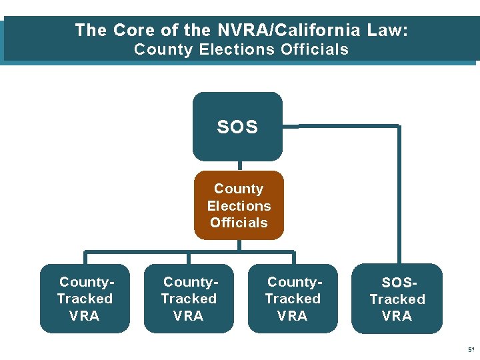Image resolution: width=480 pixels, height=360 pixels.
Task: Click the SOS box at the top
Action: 237,127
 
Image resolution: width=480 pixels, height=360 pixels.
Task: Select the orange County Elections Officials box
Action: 239,205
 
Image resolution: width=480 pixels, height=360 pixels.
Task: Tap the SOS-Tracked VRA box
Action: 397,299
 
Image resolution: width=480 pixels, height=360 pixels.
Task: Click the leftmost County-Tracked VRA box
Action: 85,299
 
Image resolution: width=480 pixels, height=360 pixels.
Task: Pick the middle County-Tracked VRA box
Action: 189,299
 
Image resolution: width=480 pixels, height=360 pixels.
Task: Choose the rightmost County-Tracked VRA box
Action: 293,299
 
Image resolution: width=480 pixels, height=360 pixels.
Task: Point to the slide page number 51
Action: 471,349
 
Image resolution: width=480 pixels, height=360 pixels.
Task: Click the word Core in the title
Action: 135,30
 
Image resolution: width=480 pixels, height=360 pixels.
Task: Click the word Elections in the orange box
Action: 239,206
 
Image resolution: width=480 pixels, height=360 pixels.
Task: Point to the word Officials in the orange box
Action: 239,223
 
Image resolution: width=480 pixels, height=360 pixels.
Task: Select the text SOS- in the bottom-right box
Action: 397,283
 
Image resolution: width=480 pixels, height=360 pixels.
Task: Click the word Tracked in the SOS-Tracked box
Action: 397,299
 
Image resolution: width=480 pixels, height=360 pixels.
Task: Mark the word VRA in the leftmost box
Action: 85,316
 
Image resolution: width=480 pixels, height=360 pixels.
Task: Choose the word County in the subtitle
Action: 164,49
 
